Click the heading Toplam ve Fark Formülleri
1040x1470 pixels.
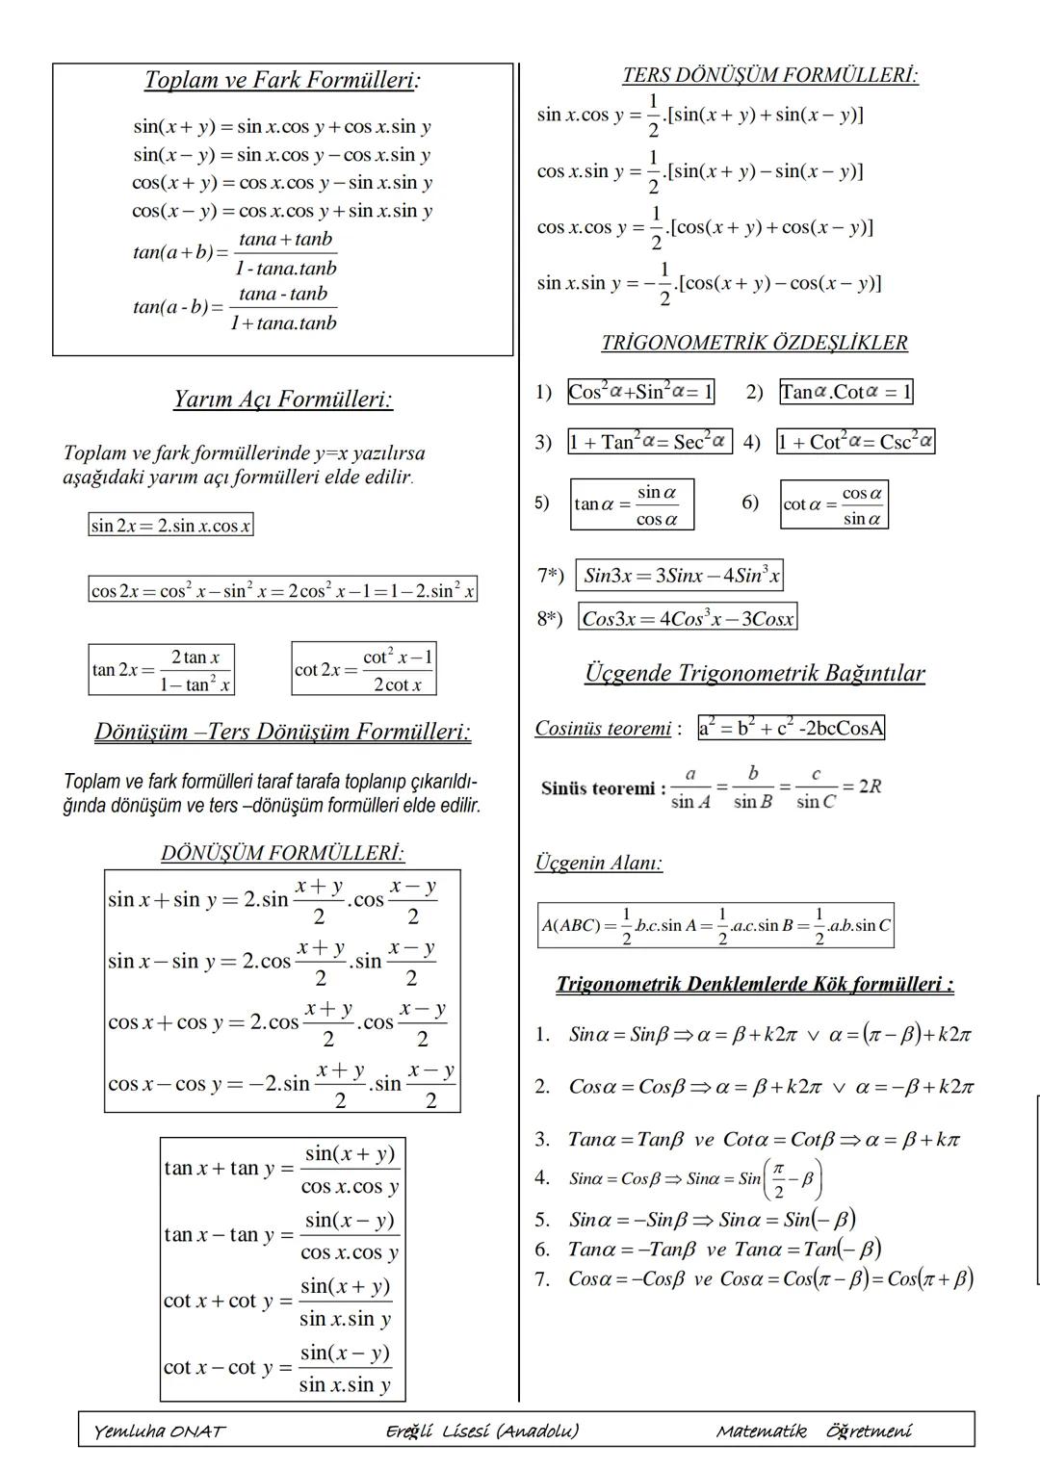[281, 80]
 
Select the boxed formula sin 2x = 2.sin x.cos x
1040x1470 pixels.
[170, 526]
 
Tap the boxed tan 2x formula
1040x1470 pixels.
[161, 670]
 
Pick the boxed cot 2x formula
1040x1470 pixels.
[364, 669]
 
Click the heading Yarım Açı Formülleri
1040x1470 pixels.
[283, 400]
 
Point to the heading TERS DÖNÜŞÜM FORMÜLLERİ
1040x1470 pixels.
[769, 75]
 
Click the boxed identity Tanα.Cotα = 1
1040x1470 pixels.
[845, 392]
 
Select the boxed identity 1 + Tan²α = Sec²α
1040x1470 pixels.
[649, 442]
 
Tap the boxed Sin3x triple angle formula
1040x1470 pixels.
[680, 576]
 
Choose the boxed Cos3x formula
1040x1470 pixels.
[688, 618]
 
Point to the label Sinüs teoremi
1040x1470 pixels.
[603, 788]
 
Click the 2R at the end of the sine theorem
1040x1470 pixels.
[870, 787]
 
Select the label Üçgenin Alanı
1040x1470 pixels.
[598, 863]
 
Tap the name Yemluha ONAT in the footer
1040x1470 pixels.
[159, 1431]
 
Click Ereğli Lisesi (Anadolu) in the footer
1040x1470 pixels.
[481, 1431]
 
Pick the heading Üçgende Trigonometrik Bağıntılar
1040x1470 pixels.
[754, 673]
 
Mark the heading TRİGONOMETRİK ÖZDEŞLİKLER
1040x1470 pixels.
[754, 343]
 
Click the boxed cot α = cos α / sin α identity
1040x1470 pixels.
[834, 504]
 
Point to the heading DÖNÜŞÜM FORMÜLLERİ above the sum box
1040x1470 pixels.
[282, 853]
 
